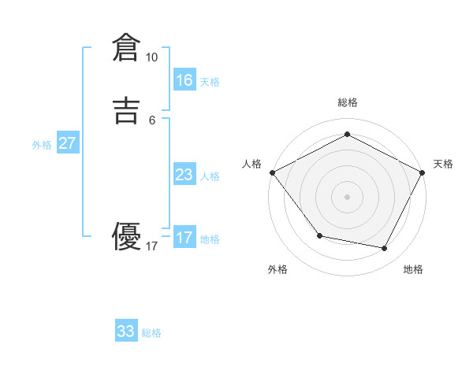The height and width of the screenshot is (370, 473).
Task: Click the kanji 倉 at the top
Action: tap(126, 48)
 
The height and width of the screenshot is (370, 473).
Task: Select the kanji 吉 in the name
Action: tap(126, 111)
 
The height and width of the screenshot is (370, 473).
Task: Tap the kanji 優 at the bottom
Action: tap(126, 237)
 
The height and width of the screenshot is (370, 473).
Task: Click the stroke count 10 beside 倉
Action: tap(151, 57)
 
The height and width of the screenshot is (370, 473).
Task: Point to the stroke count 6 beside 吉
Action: tap(152, 120)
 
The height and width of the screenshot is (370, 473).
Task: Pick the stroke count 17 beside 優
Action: tap(151, 246)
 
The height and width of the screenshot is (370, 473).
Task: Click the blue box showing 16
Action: tap(184, 80)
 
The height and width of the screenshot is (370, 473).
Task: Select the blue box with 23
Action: tap(184, 175)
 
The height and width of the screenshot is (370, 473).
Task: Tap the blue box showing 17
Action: tap(184, 238)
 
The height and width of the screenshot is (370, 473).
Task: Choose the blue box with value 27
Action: tap(68, 143)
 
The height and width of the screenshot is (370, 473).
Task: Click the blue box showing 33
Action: tap(126, 331)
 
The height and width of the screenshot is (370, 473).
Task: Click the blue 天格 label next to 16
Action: tap(210, 82)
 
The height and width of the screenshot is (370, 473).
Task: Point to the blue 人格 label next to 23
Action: tap(210, 176)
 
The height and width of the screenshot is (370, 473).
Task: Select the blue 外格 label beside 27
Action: tap(42, 145)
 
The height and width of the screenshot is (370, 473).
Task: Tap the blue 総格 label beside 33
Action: tap(152, 333)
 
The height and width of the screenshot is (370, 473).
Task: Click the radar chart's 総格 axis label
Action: tap(347, 102)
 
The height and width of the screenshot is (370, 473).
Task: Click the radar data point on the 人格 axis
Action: tap(272, 172)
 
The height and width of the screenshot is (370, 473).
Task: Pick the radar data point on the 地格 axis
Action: tap(385, 248)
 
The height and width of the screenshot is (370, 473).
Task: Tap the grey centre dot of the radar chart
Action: tap(347, 196)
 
